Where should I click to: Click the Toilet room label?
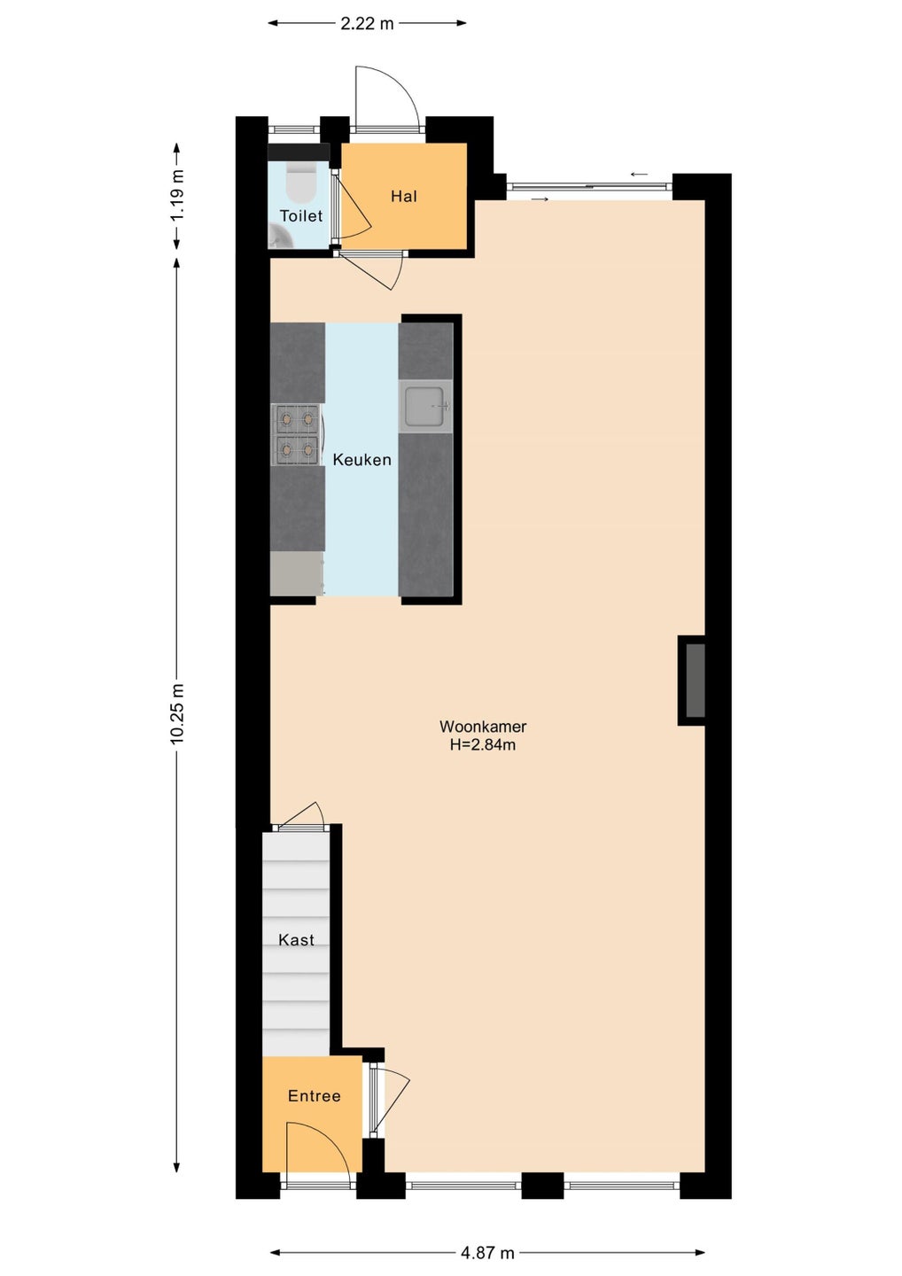pos(300,216)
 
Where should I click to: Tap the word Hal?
pos(404,197)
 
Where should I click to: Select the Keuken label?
pos(362,460)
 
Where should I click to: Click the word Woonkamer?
pos(483,727)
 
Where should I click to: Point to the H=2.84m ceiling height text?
pos(483,744)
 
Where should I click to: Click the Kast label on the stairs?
pos(296,939)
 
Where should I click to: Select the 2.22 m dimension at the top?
pos(368,23)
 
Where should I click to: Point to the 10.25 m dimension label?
pos(178,713)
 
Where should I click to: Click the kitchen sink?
pos(424,407)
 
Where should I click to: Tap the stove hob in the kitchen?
pos(296,434)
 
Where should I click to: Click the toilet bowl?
pos(300,181)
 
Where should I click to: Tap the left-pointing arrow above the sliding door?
pos(639,175)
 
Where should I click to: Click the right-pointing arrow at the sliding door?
pos(540,198)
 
